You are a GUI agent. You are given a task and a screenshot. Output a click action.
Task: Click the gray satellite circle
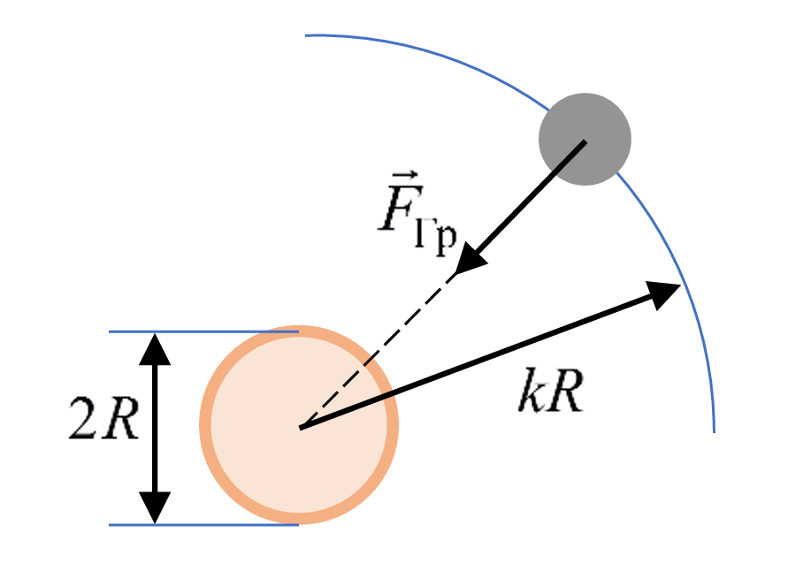[x=585, y=139]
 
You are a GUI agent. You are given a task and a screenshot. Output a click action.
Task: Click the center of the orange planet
[x=299, y=426]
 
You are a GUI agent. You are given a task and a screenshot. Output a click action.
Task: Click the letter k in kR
[x=530, y=396]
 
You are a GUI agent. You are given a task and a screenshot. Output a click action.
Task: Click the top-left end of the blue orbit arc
[x=307, y=35]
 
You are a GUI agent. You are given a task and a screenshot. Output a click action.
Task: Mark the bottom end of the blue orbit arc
[x=714, y=430]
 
